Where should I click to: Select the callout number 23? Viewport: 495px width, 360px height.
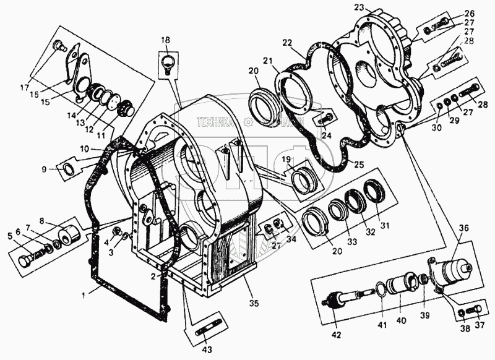359,8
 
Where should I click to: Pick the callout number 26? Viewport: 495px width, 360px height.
470,13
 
